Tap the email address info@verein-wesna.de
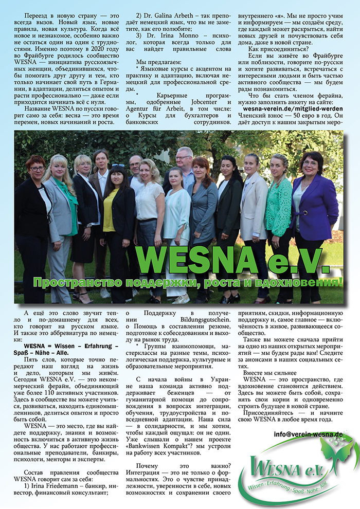click(309, 434)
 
